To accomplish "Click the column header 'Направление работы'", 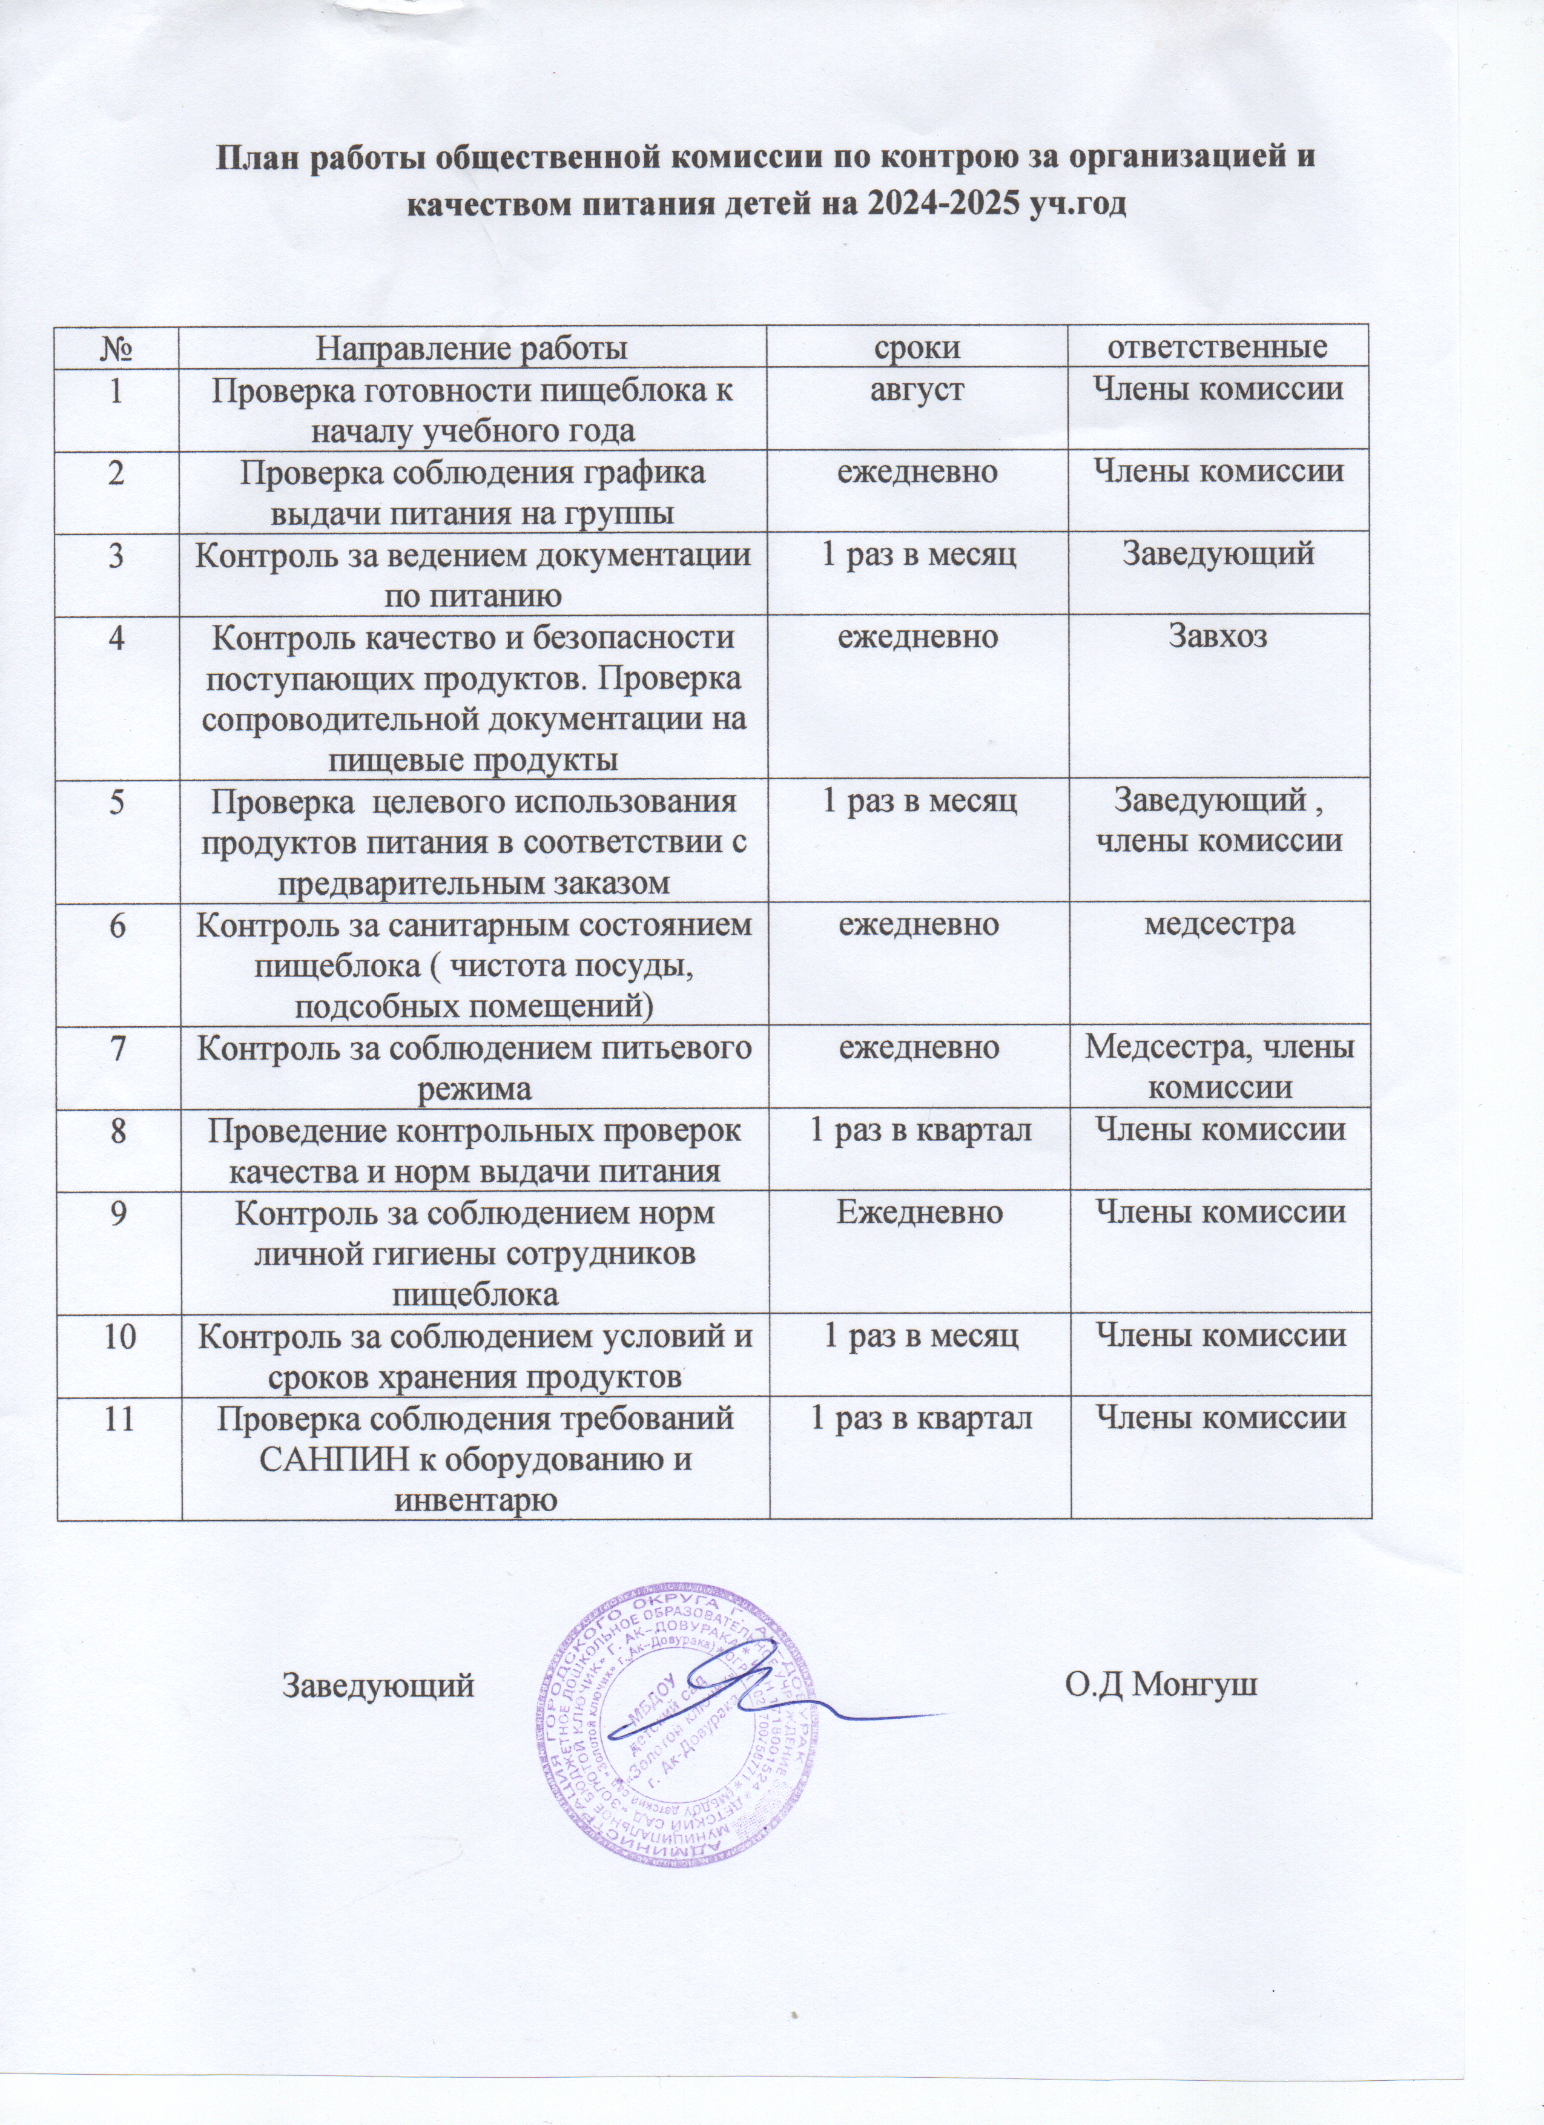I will pos(471,348).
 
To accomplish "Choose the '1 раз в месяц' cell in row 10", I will pos(920,1335).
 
